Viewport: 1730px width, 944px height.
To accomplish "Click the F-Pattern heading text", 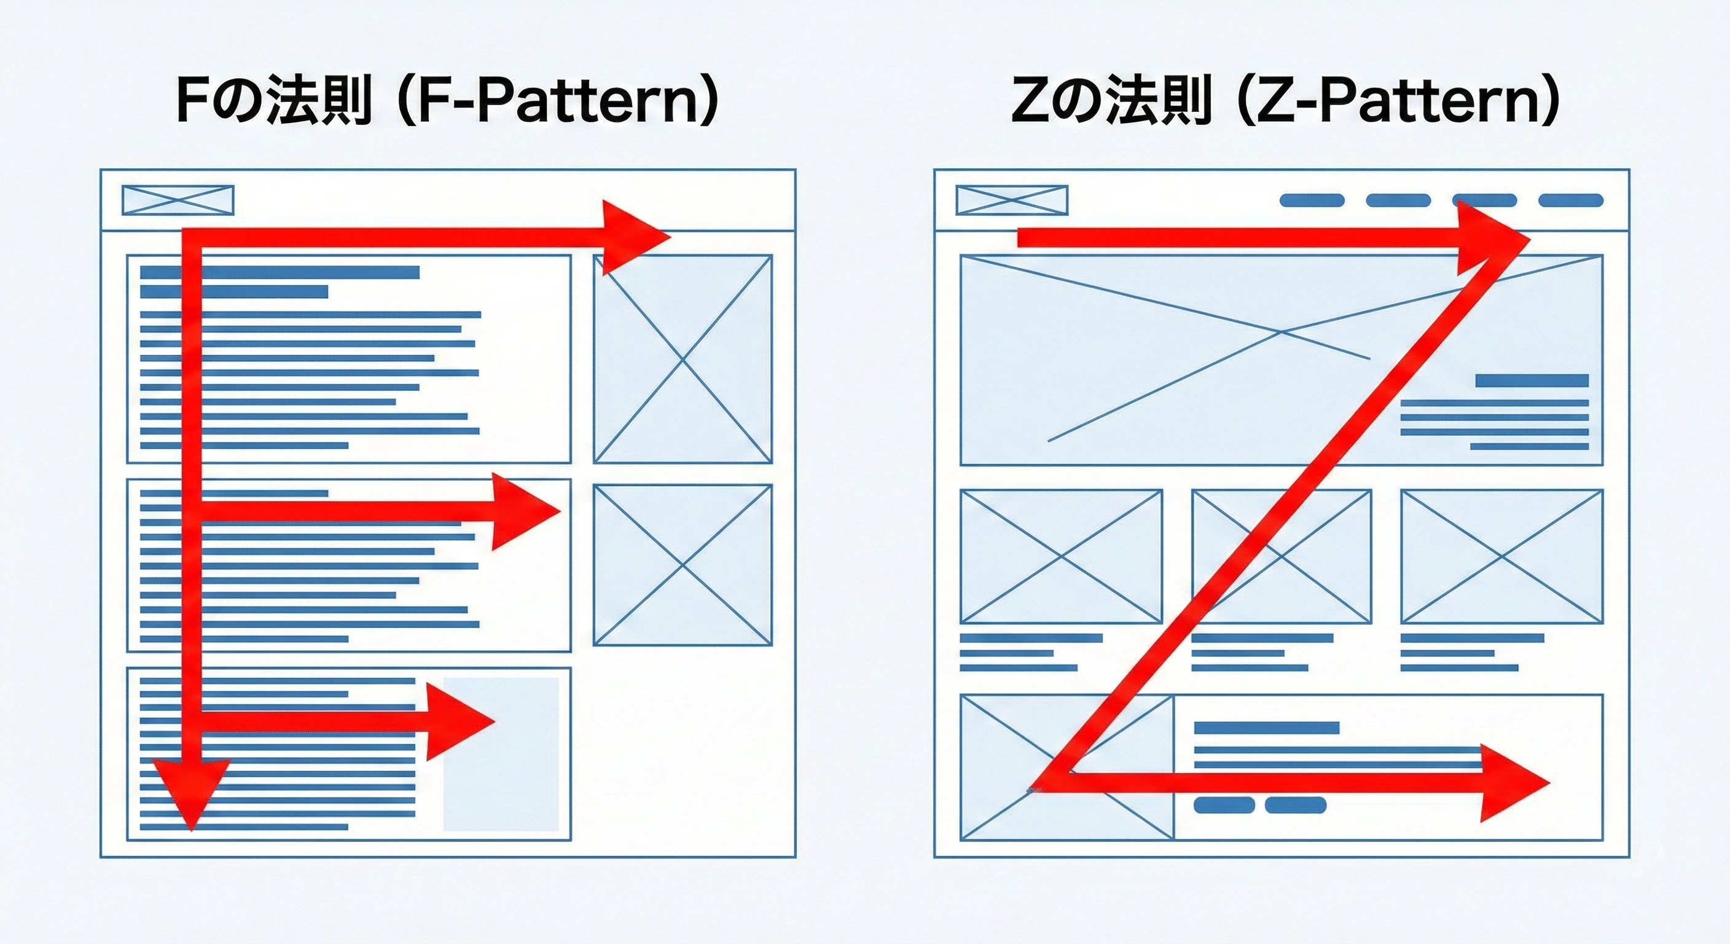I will coord(447,101).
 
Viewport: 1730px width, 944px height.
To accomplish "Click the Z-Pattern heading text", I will coord(1283,101).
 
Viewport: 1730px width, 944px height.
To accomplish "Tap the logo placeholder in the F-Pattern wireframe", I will coord(178,200).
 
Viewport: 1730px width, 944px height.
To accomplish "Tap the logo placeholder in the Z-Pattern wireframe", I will coord(1011,200).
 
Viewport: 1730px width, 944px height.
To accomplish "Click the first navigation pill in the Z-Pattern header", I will coord(1312,200).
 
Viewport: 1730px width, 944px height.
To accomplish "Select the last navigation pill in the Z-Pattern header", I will coord(1571,200).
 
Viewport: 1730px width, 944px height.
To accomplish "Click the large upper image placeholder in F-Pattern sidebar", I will coord(683,359).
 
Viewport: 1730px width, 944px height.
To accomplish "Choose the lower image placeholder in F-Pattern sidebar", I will coord(683,565).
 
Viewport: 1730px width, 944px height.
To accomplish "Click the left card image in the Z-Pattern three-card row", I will coord(1061,556).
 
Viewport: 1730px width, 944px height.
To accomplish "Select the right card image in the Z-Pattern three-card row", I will coord(1501,556).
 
